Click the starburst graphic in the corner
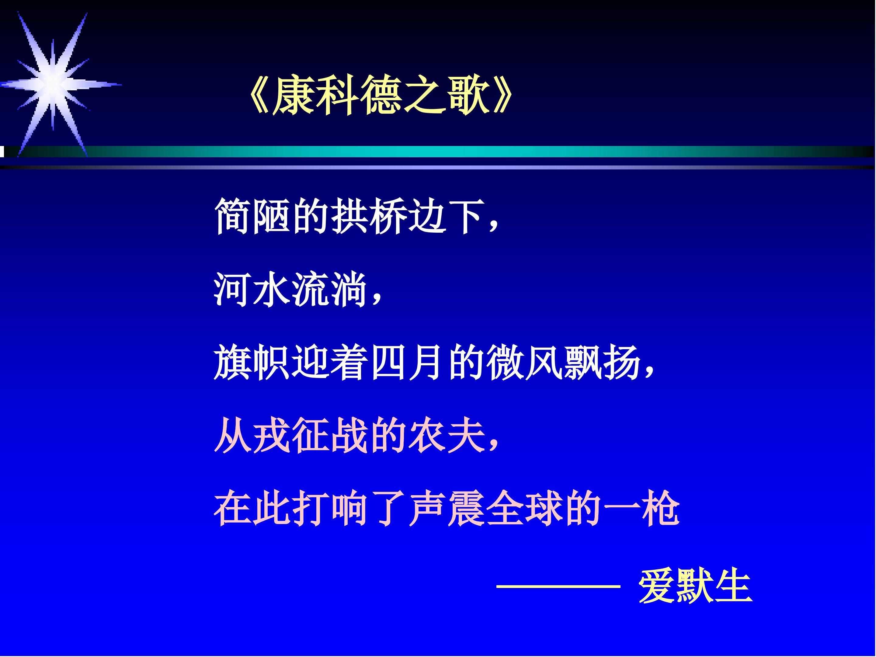click(x=54, y=84)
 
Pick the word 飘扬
click(x=602, y=362)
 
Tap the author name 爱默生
click(x=695, y=586)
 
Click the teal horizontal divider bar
click(x=436, y=152)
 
